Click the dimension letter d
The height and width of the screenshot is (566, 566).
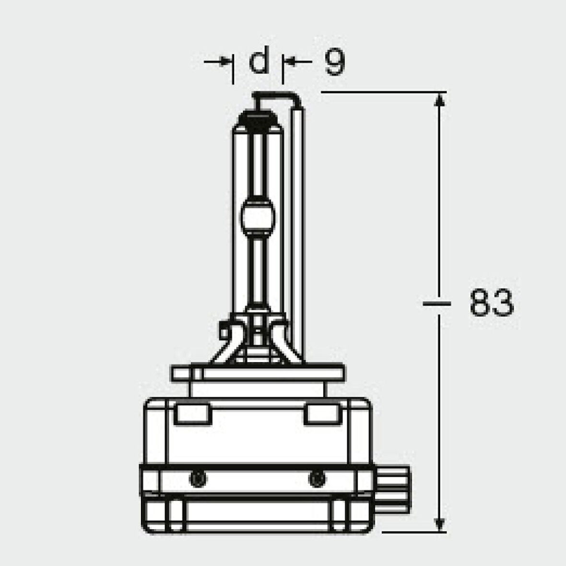259,61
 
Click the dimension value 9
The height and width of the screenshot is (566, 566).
334,62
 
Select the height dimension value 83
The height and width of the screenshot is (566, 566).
491,303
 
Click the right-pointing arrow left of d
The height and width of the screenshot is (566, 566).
224,61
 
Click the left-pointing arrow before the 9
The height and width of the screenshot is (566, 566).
291,61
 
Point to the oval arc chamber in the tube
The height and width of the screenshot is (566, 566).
259,216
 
